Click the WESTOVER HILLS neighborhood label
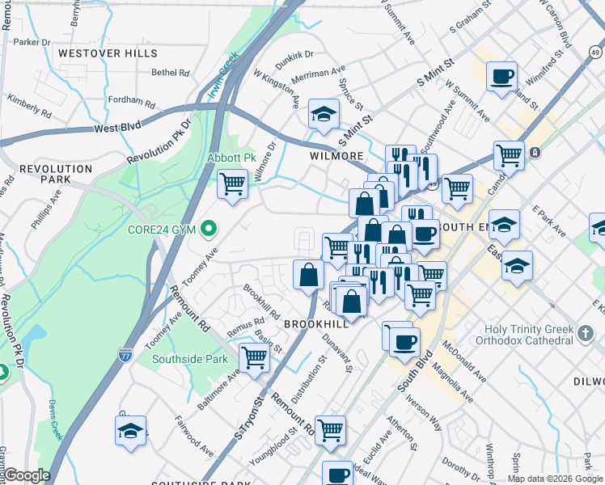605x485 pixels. point(108,53)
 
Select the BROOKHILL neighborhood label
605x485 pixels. point(316,323)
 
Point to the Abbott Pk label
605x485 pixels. point(232,157)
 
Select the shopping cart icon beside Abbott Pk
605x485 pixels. point(232,183)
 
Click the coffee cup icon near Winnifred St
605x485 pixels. point(501,76)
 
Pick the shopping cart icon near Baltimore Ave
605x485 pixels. point(254,356)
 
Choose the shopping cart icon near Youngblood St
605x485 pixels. point(330,430)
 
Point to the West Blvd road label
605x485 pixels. point(116,128)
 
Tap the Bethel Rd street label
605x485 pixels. point(170,72)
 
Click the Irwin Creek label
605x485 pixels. point(222,76)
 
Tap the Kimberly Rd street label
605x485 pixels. point(29,103)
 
